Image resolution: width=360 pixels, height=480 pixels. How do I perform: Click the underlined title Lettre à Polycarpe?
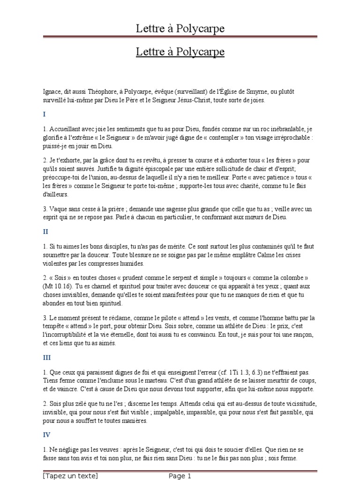pos(180,52)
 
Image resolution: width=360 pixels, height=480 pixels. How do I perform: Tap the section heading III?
pos(46,358)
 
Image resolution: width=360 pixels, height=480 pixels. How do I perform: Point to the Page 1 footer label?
pos(180,476)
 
